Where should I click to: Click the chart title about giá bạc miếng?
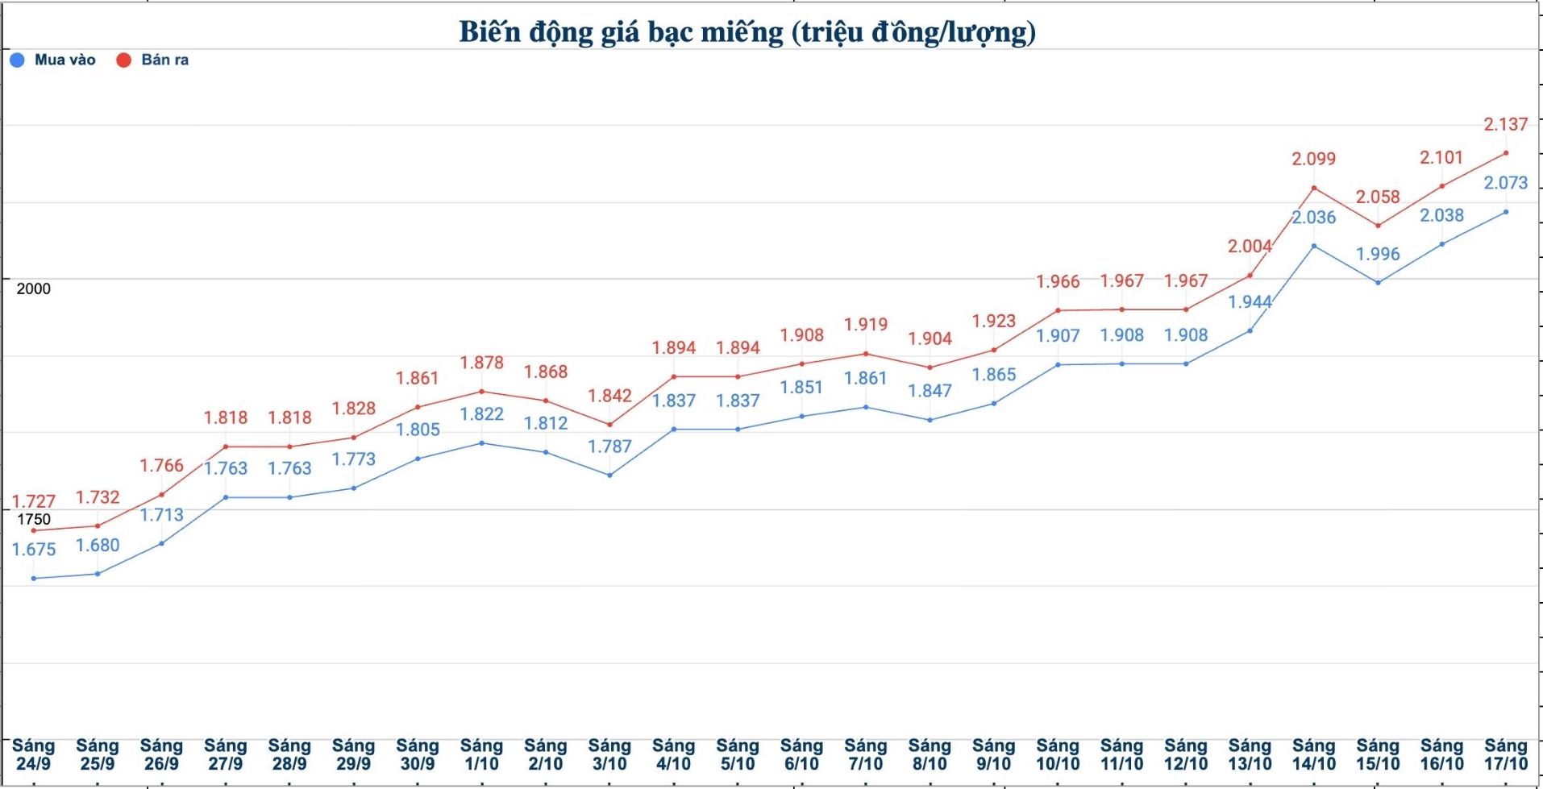[x=747, y=32]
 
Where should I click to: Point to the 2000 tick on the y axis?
[x=33, y=289]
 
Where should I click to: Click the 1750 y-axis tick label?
[x=33, y=519]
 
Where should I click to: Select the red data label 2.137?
[x=1506, y=124]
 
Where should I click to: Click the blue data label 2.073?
[x=1506, y=183]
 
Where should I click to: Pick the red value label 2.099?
[x=1314, y=159]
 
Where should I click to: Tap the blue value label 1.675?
[x=33, y=550]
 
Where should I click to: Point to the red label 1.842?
[x=609, y=396]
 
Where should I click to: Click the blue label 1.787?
[x=609, y=446]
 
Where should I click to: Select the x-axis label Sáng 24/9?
[x=33, y=754]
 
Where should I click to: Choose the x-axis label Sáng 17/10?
[x=1506, y=754]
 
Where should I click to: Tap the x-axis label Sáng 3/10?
[x=609, y=754]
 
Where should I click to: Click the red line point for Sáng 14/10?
[x=1314, y=188]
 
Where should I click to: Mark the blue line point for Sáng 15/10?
[x=1378, y=282]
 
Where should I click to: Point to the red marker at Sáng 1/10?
[x=482, y=392]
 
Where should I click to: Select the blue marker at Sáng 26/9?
[x=161, y=543]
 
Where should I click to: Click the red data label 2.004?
[x=1250, y=246]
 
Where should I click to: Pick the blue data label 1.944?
[x=1250, y=302]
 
